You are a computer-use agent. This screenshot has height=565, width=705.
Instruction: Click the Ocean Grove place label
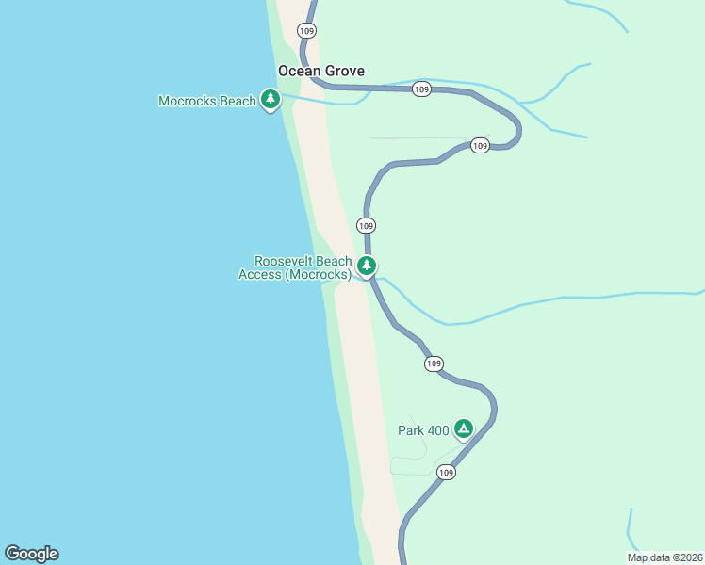320,71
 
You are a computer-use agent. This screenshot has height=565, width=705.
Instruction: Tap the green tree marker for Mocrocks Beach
271,99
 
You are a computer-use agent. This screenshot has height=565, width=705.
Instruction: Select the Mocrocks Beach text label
207,101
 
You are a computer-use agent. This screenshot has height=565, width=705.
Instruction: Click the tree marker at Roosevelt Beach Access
367,266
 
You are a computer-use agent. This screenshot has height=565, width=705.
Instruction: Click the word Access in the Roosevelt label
259,274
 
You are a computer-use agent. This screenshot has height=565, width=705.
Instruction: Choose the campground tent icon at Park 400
463,428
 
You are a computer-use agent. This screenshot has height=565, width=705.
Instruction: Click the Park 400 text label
423,430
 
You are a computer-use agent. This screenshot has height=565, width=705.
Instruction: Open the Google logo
31,554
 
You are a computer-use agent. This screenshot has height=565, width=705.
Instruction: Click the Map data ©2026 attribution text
664,557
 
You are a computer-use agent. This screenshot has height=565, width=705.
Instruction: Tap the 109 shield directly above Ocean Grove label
306,31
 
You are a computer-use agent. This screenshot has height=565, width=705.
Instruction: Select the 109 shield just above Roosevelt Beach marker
367,225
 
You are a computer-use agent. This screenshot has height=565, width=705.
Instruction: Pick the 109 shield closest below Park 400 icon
447,472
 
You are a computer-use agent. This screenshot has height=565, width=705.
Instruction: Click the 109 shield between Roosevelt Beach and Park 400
434,363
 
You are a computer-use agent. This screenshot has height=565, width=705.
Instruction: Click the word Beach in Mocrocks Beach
237,101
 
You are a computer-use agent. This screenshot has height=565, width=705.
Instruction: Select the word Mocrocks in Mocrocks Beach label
188,101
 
